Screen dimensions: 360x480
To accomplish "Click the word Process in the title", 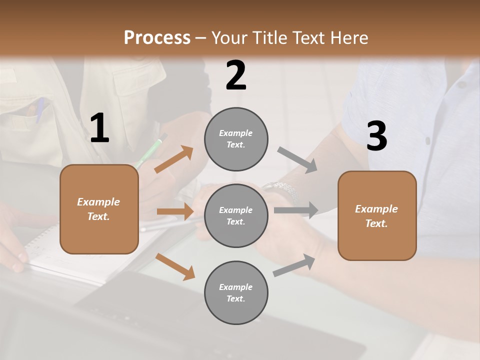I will tap(157, 37).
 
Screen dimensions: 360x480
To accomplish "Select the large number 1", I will tap(99, 128).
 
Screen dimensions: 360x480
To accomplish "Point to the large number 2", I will tap(236, 75).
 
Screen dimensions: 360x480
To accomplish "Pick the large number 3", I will tap(376, 136).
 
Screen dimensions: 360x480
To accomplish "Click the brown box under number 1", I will tap(99, 209).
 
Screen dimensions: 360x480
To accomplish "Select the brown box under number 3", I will tap(377, 216).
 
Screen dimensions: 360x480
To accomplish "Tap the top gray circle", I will tap(236, 139).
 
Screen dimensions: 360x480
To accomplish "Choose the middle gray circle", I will tap(236, 216).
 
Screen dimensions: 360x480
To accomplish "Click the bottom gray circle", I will tap(236, 293).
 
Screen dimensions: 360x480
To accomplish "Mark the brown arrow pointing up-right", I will tap(174, 159).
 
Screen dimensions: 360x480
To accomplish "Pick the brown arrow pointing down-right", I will tap(175, 266).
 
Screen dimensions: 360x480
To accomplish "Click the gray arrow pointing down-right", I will tap(297, 160).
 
